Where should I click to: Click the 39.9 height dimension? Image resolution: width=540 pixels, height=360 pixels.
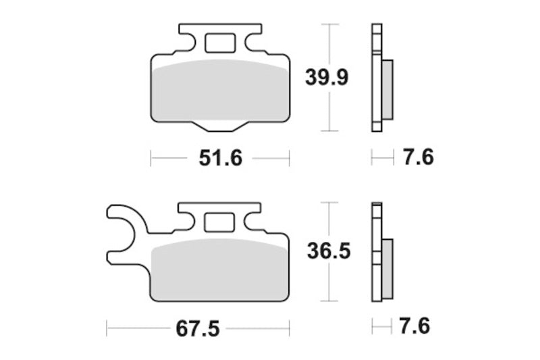(x=327, y=78)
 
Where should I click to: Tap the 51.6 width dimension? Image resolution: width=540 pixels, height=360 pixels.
(x=221, y=159)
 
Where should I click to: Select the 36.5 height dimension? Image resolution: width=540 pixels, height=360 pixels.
(x=329, y=251)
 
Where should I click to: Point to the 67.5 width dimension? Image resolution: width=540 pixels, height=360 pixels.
(x=198, y=329)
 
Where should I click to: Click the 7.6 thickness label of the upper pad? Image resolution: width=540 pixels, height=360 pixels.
(x=418, y=157)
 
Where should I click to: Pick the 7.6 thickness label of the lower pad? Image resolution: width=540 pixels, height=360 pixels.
(x=414, y=326)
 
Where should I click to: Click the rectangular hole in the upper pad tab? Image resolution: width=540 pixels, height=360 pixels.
(x=220, y=43)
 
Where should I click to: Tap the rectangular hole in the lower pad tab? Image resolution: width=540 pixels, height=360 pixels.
(x=219, y=222)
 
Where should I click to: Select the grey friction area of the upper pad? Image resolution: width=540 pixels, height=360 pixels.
(x=221, y=91)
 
